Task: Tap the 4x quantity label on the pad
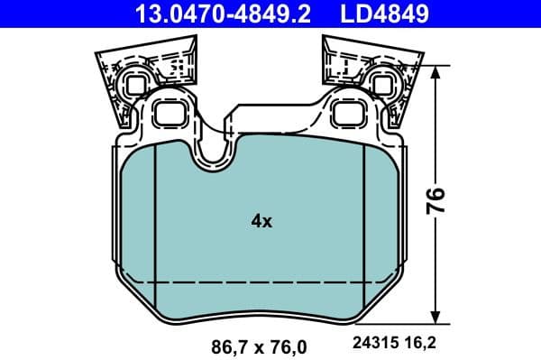[261, 220]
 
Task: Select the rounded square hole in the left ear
[169, 114]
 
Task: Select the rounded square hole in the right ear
[346, 114]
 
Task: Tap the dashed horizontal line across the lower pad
[261, 282]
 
